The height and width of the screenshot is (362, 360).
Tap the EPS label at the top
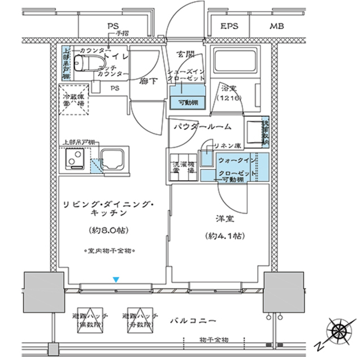point(229,27)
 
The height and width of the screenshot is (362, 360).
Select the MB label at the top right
point(276,27)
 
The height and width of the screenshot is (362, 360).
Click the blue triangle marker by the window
point(116,279)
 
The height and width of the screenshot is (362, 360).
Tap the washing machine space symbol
point(183,167)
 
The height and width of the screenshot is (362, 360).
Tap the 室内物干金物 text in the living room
point(111,249)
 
